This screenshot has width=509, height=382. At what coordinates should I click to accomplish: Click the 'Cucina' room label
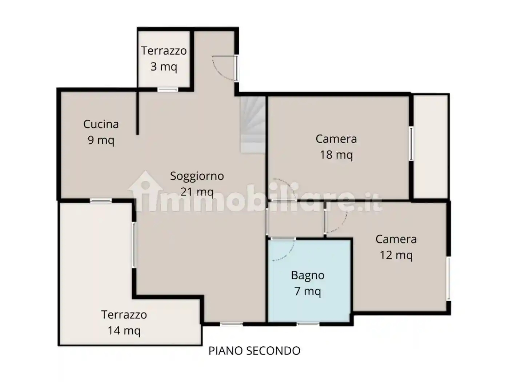point(101,124)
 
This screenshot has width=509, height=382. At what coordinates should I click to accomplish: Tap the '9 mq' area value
point(101,140)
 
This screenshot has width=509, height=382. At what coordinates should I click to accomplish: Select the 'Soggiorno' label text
point(197,176)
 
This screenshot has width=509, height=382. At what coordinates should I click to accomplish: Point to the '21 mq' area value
point(197,192)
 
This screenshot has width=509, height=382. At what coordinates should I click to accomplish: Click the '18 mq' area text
point(336,155)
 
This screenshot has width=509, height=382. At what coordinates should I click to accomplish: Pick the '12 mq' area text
point(396,255)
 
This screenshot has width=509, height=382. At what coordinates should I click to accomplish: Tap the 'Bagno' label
point(308,275)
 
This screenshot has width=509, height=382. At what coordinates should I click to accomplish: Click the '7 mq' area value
point(308,291)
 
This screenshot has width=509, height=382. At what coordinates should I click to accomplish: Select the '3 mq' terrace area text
point(164,67)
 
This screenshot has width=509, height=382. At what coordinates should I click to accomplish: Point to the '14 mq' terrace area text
point(124,330)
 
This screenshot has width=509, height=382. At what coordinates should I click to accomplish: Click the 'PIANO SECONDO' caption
point(254,351)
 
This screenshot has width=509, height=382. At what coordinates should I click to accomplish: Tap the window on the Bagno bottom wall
point(308,323)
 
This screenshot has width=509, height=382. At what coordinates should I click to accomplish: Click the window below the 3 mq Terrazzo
point(168,89)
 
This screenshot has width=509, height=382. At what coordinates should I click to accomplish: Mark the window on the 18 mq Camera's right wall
point(411,144)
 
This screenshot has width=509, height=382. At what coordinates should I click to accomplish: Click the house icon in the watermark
point(145,191)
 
